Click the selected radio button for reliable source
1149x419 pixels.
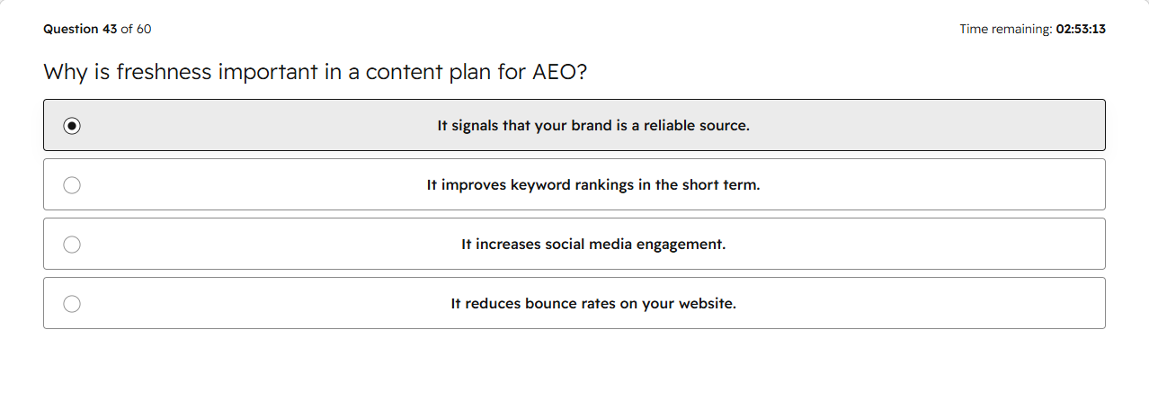[x=72, y=126]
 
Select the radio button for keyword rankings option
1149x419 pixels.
[x=72, y=185]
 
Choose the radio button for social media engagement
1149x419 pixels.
[x=72, y=245]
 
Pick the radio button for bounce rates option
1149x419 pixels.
[x=72, y=304]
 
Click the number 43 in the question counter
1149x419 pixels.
[x=110, y=29]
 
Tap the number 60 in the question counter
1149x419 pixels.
[x=144, y=29]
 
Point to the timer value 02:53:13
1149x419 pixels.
[x=1081, y=29]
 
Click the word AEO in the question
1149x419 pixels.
[x=554, y=72]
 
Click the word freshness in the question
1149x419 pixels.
[x=164, y=72]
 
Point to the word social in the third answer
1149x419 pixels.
[x=563, y=245]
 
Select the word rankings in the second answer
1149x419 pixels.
[x=604, y=185]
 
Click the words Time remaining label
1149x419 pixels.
[x=1006, y=29]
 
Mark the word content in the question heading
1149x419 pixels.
[x=405, y=72]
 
